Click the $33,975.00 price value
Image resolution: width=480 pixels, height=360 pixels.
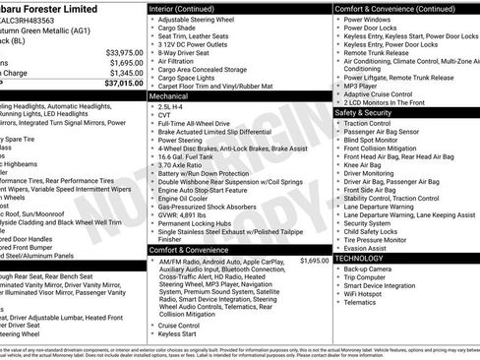[120, 51]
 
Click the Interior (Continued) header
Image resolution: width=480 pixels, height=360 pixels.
[190, 8]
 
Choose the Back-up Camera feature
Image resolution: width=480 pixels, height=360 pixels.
[369, 269]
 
